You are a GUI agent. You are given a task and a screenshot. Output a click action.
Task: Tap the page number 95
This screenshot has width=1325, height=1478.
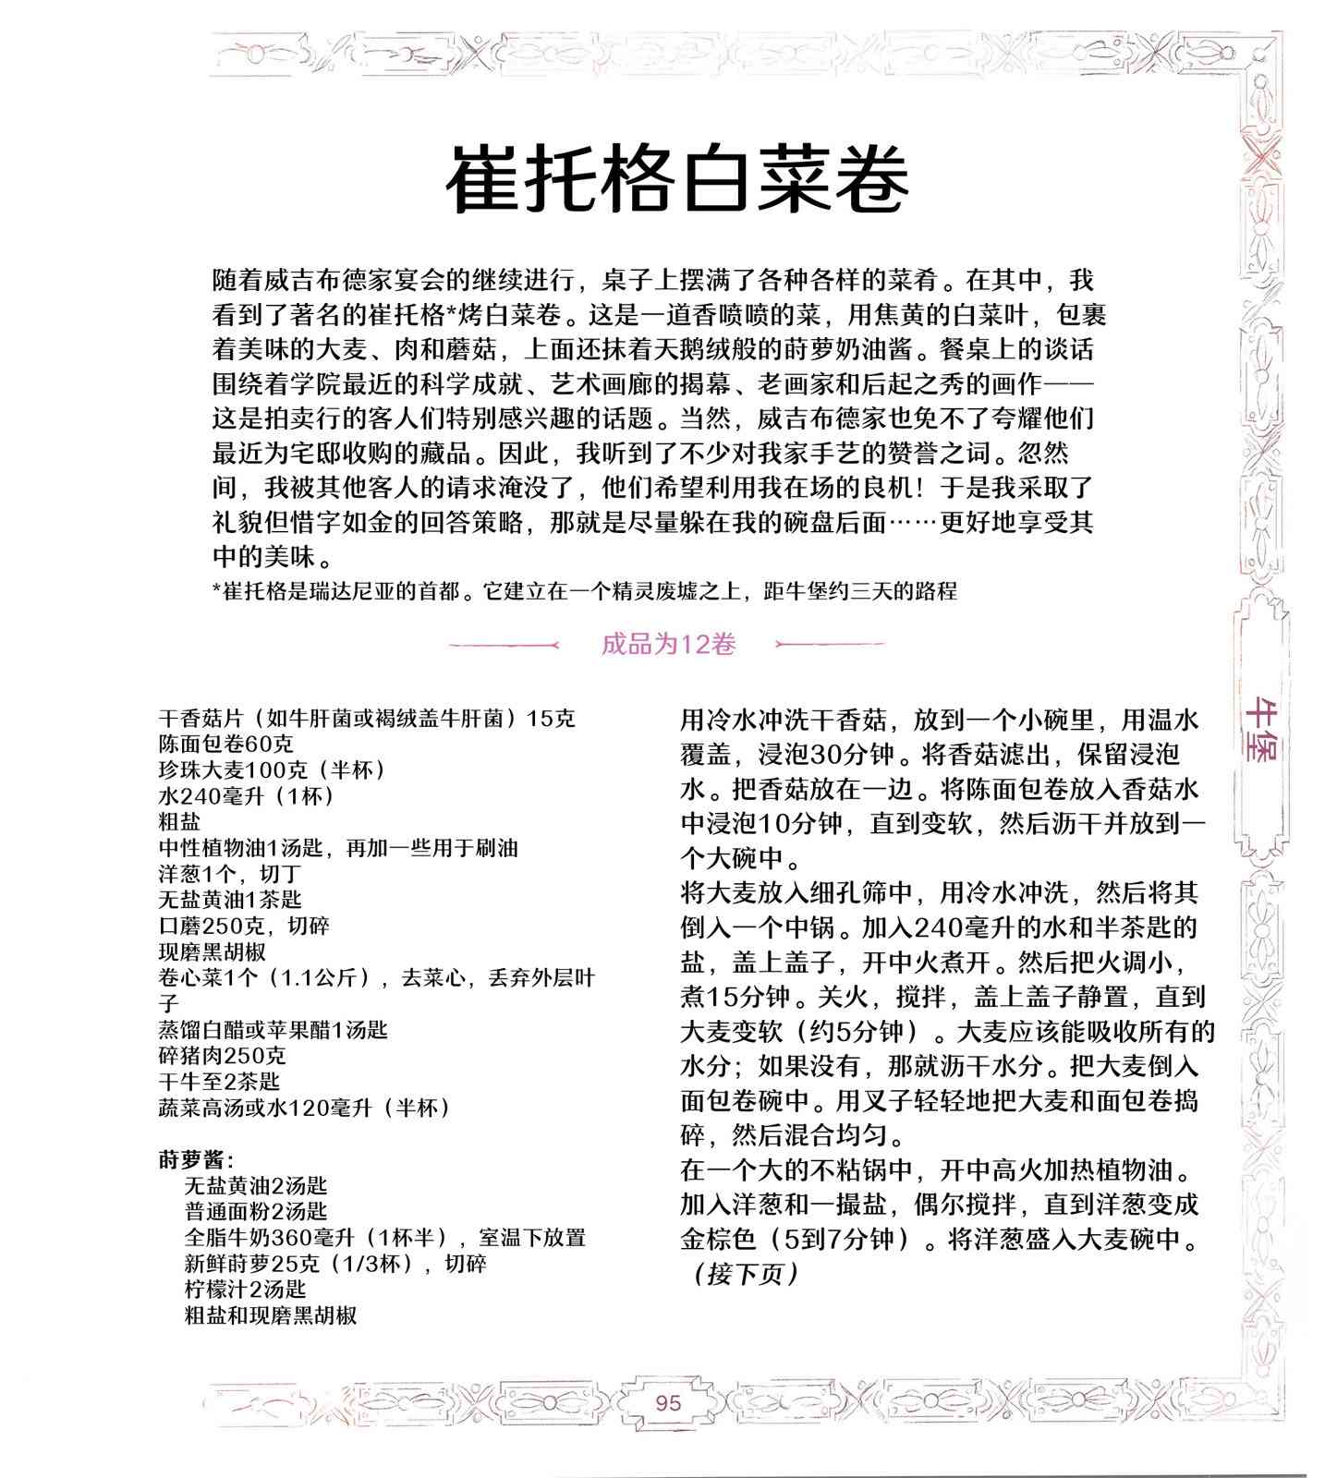(667, 1402)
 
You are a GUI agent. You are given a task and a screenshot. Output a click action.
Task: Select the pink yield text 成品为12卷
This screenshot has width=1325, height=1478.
(668, 644)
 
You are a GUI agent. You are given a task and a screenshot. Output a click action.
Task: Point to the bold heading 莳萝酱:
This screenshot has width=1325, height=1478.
(196, 1158)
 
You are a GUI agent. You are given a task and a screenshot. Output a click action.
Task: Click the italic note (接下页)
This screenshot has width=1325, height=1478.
(743, 1274)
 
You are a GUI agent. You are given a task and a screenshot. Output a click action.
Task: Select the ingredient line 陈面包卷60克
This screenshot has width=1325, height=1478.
(226, 744)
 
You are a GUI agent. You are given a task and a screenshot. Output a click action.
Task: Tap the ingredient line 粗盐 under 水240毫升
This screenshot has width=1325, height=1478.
(179, 821)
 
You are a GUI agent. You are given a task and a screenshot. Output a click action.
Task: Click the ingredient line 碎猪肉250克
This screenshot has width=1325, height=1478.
(222, 1055)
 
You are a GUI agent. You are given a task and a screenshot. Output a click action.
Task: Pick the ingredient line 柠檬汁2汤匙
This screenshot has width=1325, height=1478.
(245, 1289)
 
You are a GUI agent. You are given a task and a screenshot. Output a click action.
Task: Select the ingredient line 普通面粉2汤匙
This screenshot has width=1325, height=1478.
(256, 1211)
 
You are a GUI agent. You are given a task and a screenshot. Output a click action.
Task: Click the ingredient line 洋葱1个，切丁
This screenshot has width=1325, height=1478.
(230, 873)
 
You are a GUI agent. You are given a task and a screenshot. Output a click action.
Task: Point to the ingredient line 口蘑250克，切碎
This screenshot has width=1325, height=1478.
(244, 926)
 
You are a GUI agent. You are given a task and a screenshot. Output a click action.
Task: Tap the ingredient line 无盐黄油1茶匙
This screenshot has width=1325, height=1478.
(230, 899)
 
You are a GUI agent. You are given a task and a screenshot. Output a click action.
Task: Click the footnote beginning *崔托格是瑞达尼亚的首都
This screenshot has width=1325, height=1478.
(584, 591)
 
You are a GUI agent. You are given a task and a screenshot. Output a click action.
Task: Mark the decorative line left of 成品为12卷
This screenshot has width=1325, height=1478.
(504, 645)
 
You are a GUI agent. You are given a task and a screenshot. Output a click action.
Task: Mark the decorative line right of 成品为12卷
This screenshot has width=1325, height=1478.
(830, 644)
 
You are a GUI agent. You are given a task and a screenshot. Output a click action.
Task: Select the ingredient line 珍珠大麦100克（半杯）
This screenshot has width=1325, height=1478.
(273, 769)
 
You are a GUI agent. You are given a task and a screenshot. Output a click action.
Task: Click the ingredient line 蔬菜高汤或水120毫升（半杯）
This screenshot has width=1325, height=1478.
(304, 1107)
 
